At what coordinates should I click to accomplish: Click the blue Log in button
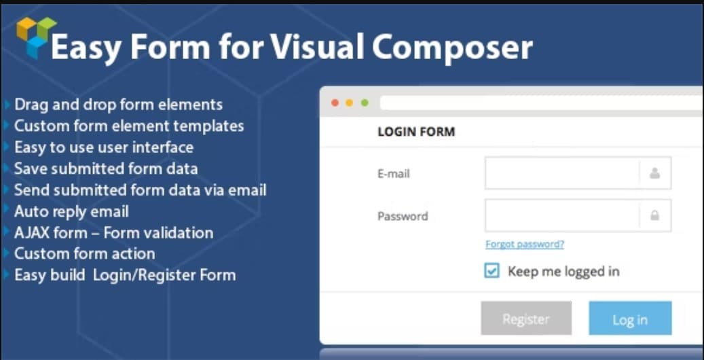click(x=630, y=318)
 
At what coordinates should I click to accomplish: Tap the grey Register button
click(x=526, y=318)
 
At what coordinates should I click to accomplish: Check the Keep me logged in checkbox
click(x=492, y=271)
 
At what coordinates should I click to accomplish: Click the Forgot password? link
click(x=525, y=245)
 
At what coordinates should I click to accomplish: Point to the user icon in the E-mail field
click(x=655, y=173)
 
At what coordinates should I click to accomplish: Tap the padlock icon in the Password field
click(x=655, y=216)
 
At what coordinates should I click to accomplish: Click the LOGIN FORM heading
click(x=416, y=132)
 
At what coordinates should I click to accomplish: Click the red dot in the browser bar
click(x=335, y=103)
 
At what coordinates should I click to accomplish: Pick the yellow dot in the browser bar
click(x=350, y=103)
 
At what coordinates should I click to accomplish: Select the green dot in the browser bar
click(x=365, y=103)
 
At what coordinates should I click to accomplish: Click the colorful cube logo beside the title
click(x=36, y=37)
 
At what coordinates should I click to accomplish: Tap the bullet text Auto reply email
click(x=71, y=212)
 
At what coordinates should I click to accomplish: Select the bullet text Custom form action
click(x=84, y=253)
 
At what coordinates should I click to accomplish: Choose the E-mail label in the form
click(x=393, y=173)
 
